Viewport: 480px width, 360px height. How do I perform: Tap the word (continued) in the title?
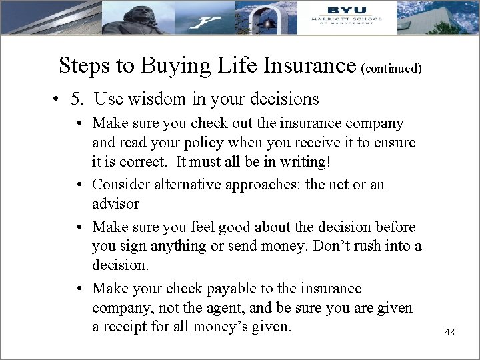[391, 68]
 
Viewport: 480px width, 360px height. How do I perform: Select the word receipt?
[129, 327]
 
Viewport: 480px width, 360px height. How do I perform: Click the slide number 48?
[449, 331]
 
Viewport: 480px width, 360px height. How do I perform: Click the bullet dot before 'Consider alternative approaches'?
[79, 185]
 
